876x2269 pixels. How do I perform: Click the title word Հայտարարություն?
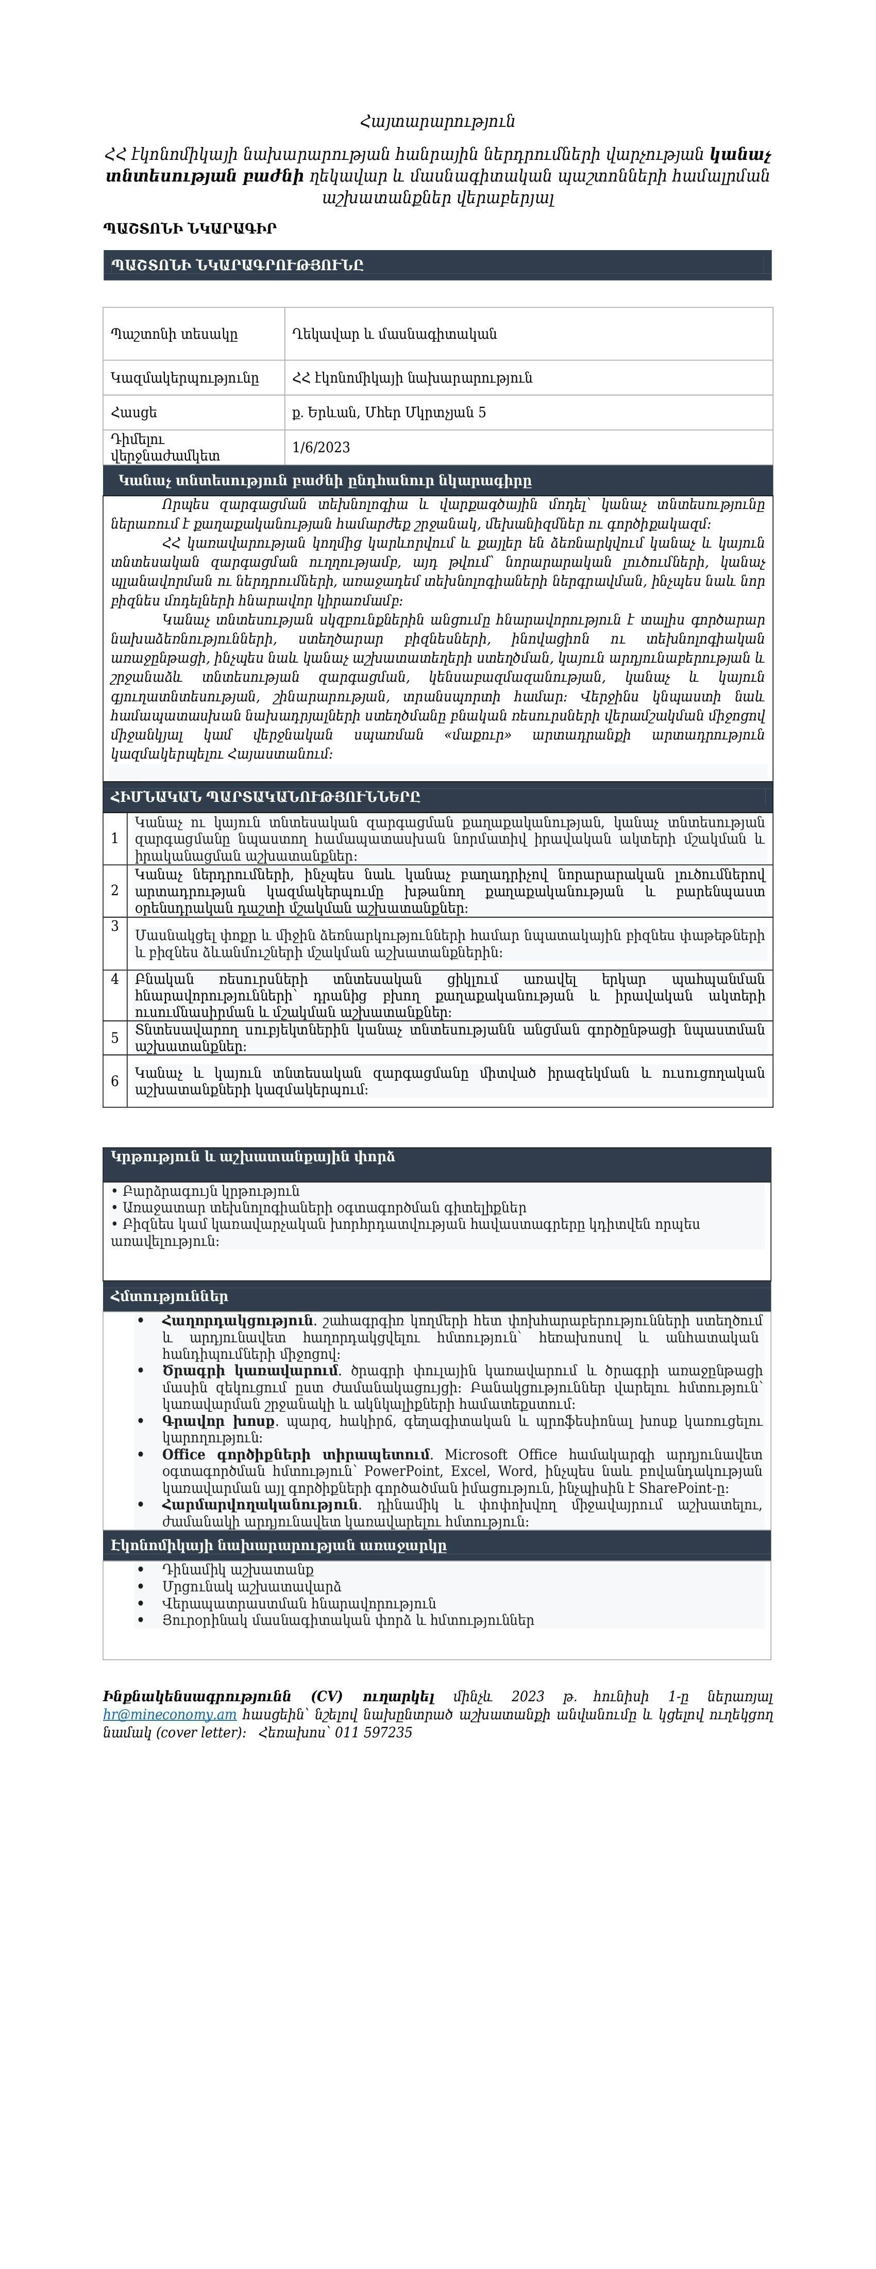437,122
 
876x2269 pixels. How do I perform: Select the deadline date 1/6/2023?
322,448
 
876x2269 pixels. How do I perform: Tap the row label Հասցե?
134,412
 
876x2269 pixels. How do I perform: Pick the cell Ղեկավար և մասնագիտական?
394,334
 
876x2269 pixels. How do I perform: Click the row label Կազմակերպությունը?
185,378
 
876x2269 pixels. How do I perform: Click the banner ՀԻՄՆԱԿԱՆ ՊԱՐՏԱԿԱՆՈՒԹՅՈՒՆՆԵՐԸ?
265,797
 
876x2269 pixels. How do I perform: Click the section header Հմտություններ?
169,1296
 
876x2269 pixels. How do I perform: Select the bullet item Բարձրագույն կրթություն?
211,1191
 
